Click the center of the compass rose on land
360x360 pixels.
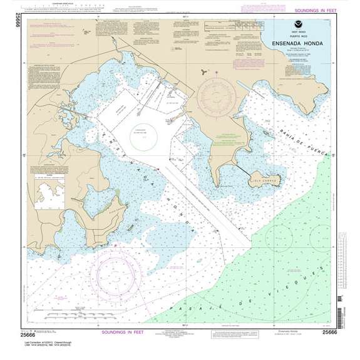pyautogui.click(x=217, y=96)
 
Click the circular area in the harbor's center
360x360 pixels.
pyautogui.click(x=145, y=133)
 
